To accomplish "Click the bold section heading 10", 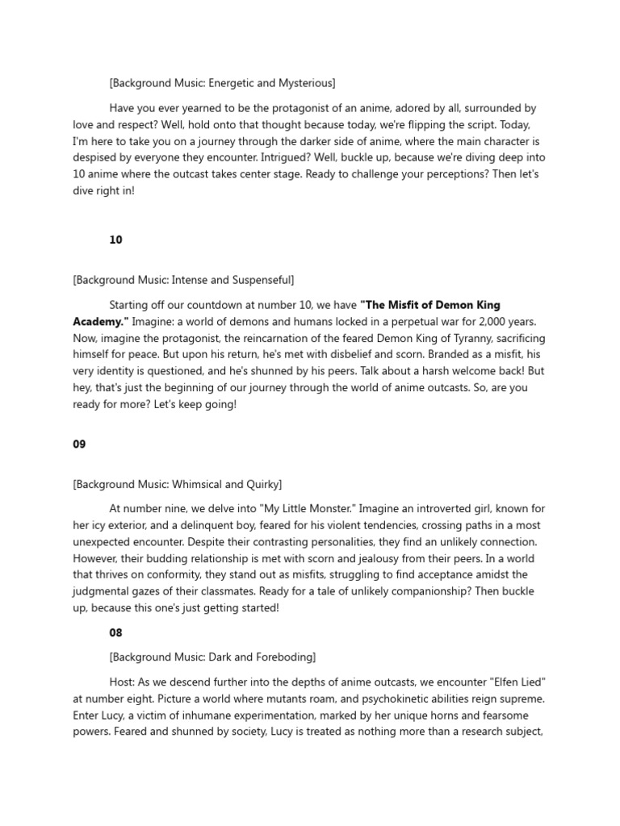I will tap(115, 240).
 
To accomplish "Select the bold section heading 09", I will tap(79, 444).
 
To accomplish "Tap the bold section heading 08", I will tap(115, 633).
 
